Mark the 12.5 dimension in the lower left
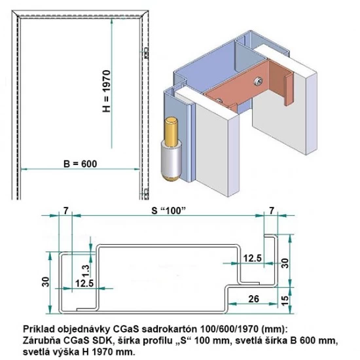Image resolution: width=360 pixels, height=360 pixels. coord(84,283)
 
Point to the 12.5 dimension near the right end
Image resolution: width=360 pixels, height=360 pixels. coord(251,259)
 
